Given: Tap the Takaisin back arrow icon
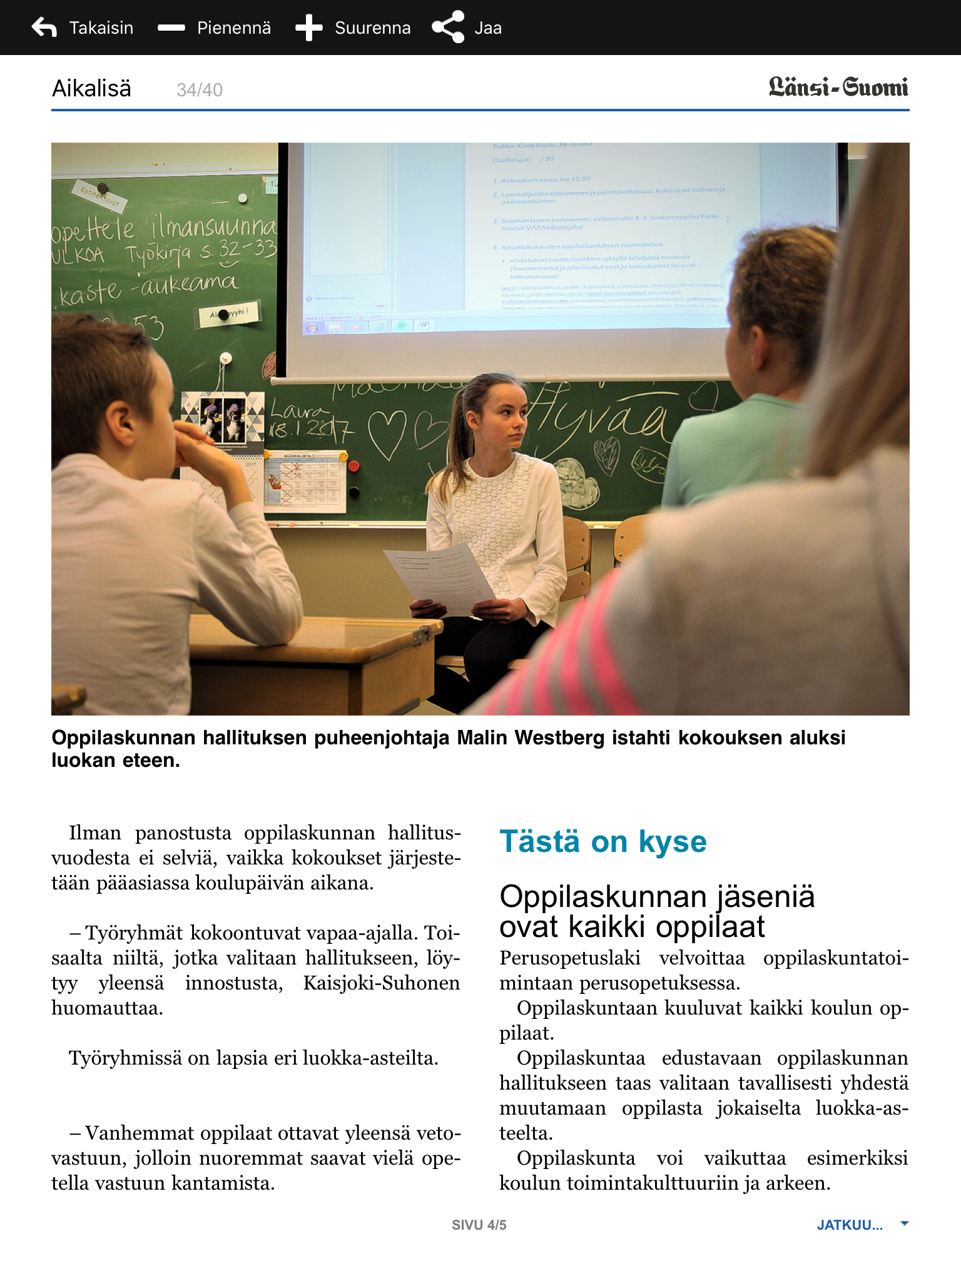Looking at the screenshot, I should (44, 28).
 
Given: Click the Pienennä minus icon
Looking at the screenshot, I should (171, 28).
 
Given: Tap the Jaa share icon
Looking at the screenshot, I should (448, 28).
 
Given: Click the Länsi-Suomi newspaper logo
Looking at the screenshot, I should (838, 88).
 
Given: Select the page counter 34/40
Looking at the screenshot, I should (200, 90).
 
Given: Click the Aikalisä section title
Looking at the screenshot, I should (91, 89).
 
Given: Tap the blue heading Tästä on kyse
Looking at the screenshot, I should (603, 842).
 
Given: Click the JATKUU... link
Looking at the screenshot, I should (850, 1225).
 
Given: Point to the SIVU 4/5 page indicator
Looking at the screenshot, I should (479, 1225).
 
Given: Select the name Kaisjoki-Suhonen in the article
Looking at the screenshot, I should (381, 983).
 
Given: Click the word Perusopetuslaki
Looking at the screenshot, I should (569, 958).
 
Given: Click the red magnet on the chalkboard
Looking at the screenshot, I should (353, 466).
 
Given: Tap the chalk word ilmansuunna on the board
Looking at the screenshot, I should (213, 226).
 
